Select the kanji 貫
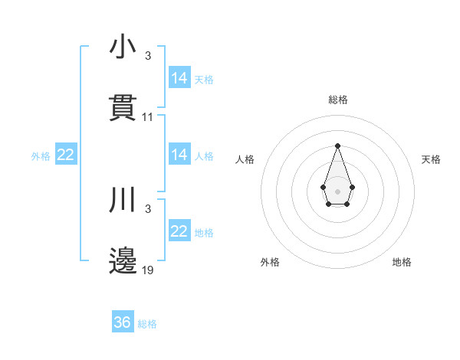tap(123, 108)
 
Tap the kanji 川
tap(123, 201)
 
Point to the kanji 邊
tap(123, 262)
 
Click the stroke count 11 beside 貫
tap(148, 117)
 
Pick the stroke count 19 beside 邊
tap(148, 270)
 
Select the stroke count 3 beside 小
tap(148, 56)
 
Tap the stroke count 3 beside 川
tap(148, 209)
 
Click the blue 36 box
tap(123, 322)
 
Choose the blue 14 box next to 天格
tap(179, 78)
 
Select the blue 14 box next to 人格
tap(179, 155)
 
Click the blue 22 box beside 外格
tap(66, 155)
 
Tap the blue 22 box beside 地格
tap(179, 231)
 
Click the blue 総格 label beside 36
tap(147, 324)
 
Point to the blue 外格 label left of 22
tap(41, 156)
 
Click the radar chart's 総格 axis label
tap(337, 100)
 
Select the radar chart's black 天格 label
tap(431, 159)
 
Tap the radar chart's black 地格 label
tap(402, 262)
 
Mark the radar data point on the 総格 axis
tap(337, 146)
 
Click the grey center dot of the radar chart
tap(337, 191)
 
